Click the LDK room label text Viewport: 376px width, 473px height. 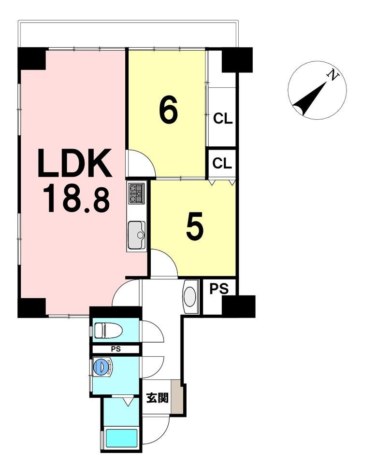coord(74,163)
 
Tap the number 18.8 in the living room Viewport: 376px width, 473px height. coord(76,199)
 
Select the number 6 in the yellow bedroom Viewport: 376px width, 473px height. coord(168,111)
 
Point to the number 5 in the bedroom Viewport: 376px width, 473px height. coord(195,227)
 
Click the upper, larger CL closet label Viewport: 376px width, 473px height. coord(223,119)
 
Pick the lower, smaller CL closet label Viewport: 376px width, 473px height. coord(222,164)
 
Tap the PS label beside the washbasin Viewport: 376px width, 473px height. coord(219,289)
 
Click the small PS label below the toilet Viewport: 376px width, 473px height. coord(116,349)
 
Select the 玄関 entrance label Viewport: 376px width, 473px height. coord(157,398)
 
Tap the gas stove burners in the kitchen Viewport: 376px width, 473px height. coord(136,193)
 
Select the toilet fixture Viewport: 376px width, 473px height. coord(107,330)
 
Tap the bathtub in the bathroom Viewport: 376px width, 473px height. coord(121,438)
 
